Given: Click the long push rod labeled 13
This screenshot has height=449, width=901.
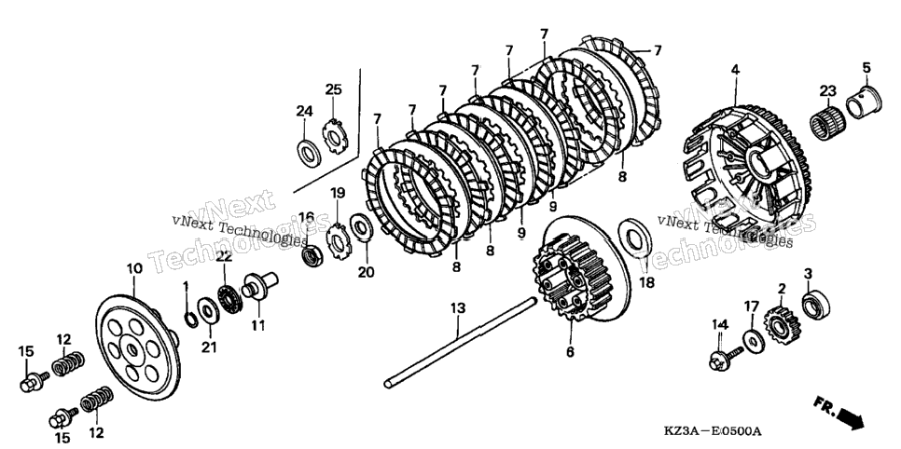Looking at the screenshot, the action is (461, 342).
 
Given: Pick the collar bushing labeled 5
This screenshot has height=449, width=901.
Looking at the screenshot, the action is (864, 101).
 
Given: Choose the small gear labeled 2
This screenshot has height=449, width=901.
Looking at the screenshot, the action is (782, 325).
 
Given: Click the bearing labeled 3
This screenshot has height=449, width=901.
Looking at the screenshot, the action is (816, 305).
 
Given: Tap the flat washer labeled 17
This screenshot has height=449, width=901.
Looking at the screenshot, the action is (753, 340).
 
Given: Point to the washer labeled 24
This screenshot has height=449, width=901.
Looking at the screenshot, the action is (310, 153).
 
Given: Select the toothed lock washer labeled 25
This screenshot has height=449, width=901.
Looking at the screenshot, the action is (333, 136).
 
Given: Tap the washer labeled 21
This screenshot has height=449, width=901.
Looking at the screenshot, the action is (207, 311).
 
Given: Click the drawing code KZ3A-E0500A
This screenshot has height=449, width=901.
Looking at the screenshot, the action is (713, 431).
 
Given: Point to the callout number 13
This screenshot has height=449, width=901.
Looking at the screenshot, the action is (457, 309).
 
